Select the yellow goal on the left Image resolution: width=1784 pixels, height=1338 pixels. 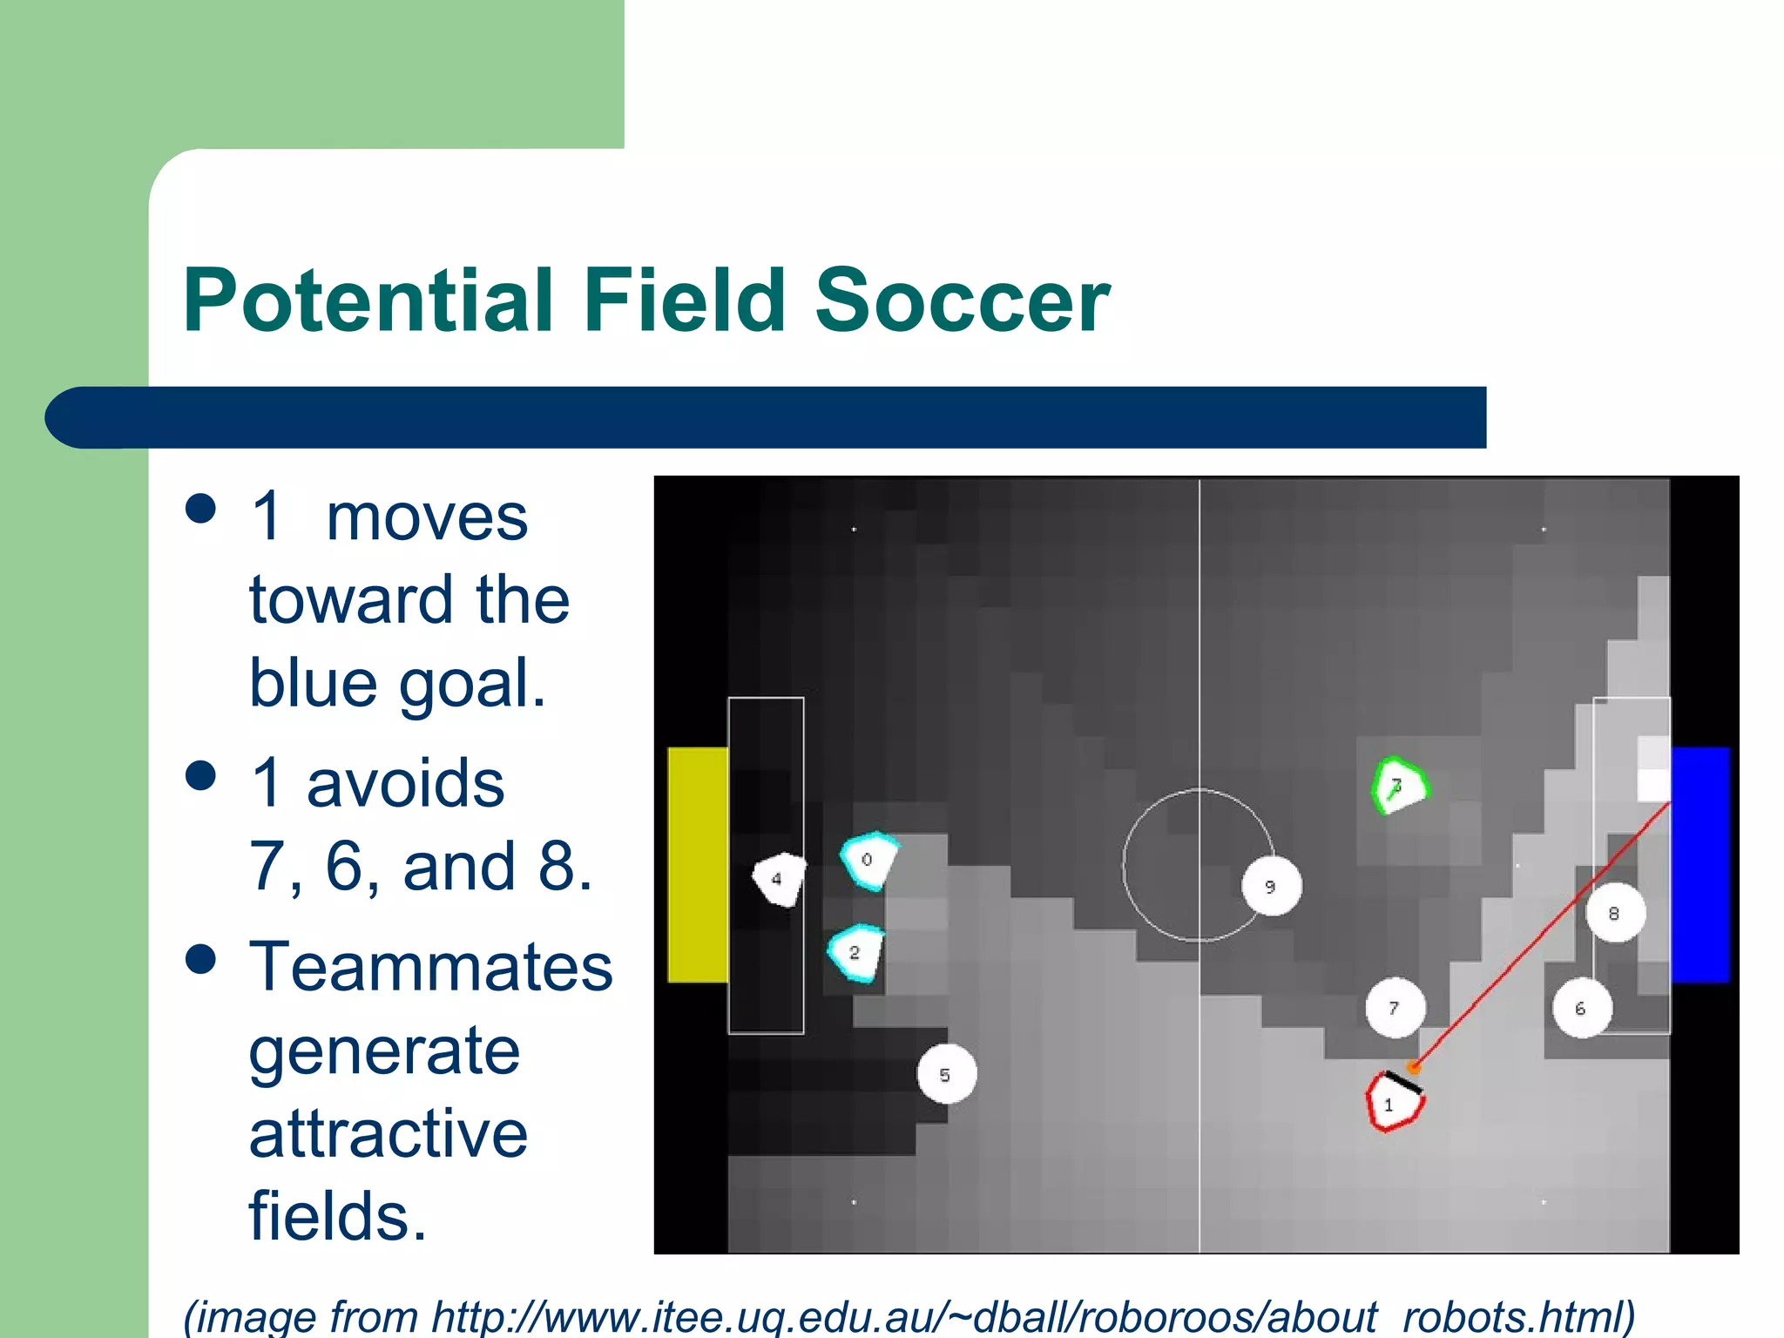[x=697, y=864]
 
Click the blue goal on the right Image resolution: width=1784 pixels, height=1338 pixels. [x=1700, y=864]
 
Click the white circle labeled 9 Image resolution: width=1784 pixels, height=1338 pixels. [x=1271, y=886]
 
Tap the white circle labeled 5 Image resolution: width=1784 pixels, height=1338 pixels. [x=946, y=1074]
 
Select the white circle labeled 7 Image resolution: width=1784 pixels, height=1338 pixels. [x=1395, y=1008]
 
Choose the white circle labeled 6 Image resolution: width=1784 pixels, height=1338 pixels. [x=1581, y=1008]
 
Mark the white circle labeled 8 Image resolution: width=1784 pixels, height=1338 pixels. [x=1614, y=913]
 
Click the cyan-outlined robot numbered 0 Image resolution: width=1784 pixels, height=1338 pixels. [x=868, y=861]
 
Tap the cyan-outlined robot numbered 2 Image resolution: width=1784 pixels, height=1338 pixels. [x=855, y=953]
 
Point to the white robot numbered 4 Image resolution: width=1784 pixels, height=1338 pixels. [x=779, y=879]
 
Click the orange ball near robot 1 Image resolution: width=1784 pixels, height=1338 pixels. [x=1415, y=1066]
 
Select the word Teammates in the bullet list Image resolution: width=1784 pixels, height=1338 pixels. [x=430, y=967]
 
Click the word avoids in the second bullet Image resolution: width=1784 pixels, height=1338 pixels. [x=405, y=783]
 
